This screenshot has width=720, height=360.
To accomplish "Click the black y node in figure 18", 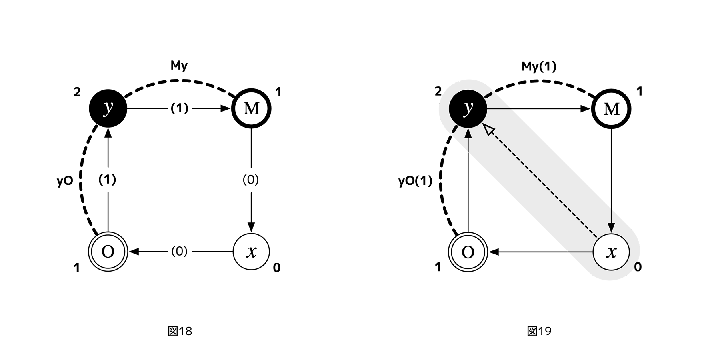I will (x=108, y=108).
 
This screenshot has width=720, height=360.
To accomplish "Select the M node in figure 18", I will (x=251, y=108).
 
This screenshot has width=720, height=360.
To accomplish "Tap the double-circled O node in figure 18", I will (x=108, y=252).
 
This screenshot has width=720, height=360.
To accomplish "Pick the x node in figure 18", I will (x=251, y=252).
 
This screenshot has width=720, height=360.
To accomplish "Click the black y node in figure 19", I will (x=468, y=108).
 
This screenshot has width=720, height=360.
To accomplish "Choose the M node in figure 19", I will (x=611, y=108).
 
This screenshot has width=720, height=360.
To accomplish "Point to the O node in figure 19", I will (x=468, y=252).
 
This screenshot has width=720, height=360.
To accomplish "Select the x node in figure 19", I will (x=611, y=252).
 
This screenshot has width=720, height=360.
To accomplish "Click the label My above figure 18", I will (x=179, y=66).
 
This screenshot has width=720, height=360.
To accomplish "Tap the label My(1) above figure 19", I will (x=539, y=66).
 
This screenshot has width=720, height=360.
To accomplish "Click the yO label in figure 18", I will (x=65, y=181).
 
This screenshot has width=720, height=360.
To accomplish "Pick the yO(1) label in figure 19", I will (x=415, y=181).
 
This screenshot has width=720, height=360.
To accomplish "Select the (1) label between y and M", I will (x=179, y=108).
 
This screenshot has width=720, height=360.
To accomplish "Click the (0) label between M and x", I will (x=251, y=180).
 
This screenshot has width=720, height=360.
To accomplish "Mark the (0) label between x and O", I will (x=179, y=251).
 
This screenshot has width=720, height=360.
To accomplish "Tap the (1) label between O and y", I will (x=107, y=180).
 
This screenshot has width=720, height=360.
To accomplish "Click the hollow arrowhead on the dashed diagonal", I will (x=488, y=130).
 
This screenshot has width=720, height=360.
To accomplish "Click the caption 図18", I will (x=180, y=331).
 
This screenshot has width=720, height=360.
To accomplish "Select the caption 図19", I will (x=539, y=331).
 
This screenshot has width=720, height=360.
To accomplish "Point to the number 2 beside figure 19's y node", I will (x=438, y=92).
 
